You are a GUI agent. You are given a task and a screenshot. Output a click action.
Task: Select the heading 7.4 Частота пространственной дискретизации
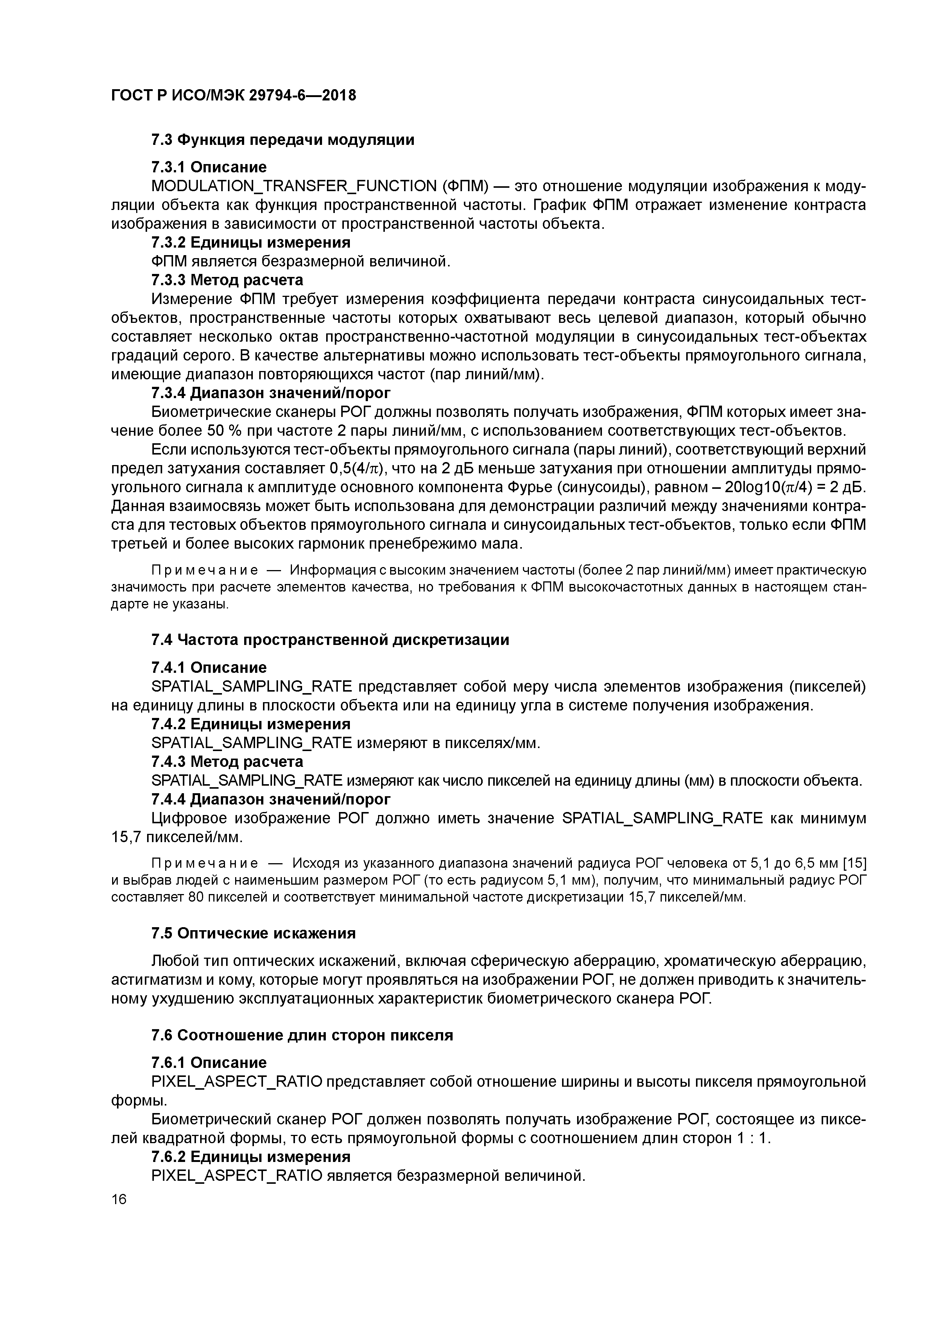coord(330,640)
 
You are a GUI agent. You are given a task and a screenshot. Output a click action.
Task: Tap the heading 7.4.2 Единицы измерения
coord(250,724)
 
